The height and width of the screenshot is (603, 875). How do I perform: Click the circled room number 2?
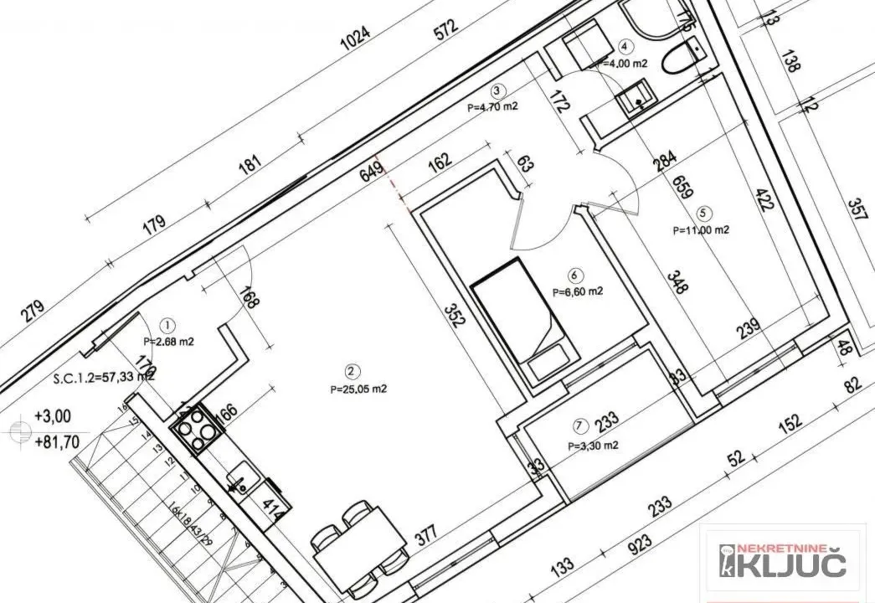click(x=353, y=371)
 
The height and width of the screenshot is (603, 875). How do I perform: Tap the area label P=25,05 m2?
click(x=358, y=389)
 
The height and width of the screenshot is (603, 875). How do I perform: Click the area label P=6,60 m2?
click(x=578, y=291)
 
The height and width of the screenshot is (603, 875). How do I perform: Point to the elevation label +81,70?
click(x=54, y=441)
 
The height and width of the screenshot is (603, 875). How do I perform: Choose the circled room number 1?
click(x=168, y=324)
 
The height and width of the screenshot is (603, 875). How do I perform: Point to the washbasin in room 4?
click(x=637, y=100)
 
